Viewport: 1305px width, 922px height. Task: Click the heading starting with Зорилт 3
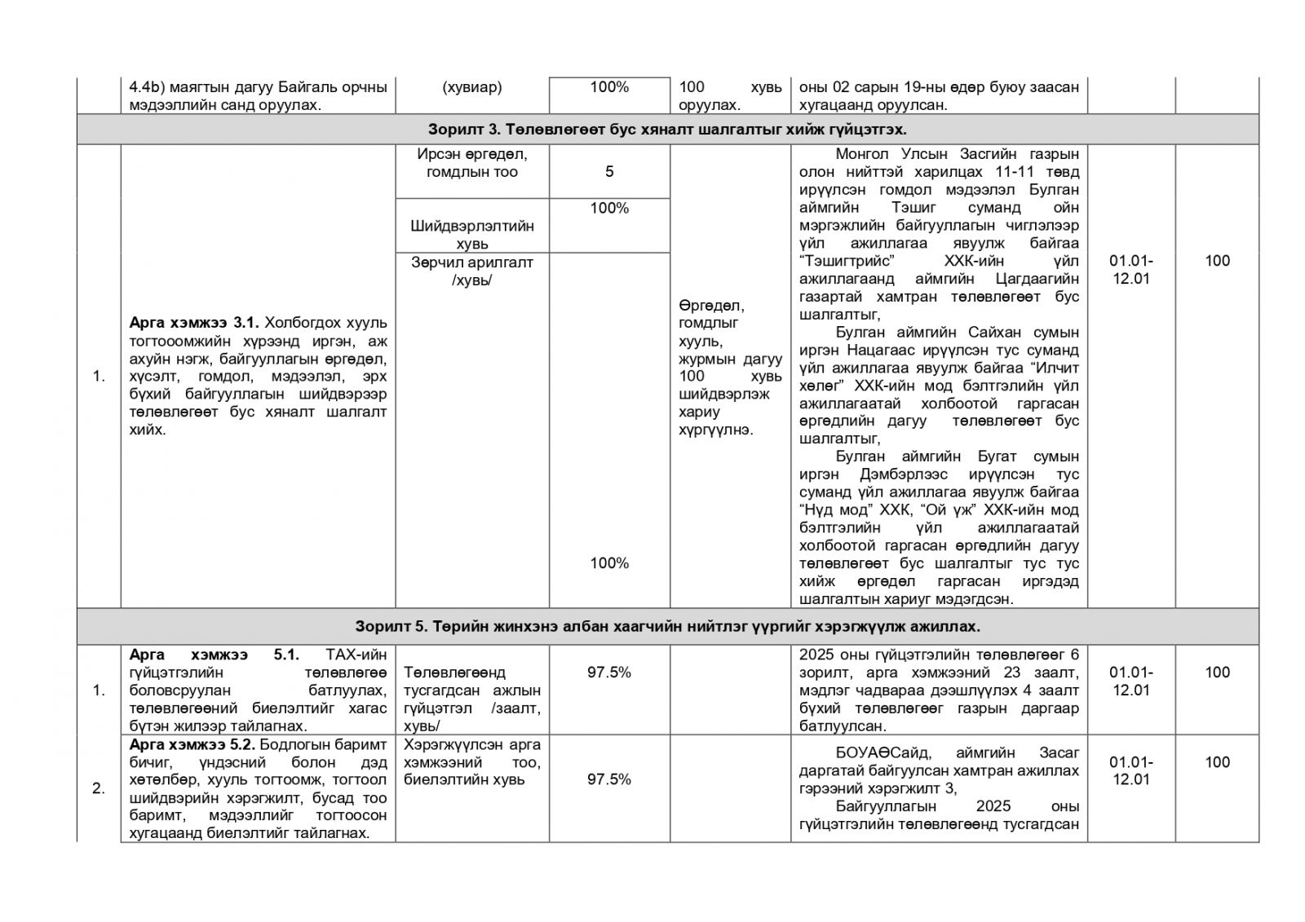tap(666, 130)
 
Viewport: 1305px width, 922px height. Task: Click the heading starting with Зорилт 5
tap(666, 626)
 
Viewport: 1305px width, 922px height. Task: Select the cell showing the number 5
tap(609, 172)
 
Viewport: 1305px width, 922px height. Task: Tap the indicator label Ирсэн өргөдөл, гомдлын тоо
tap(471, 163)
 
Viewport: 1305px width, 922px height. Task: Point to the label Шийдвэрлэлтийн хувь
tap(471, 235)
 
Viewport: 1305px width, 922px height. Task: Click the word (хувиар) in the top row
tap(471, 87)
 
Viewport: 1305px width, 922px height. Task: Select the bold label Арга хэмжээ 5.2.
tap(192, 744)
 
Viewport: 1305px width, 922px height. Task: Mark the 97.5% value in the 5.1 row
tap(609, 673)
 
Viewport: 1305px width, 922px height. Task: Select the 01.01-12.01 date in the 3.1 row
tap(1131, 270)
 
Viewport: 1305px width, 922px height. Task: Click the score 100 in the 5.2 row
tap(1217, 762)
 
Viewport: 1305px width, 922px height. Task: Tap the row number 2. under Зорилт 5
tap(99, 788)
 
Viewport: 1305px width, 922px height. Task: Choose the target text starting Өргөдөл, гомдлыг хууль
tap(729, 368)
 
